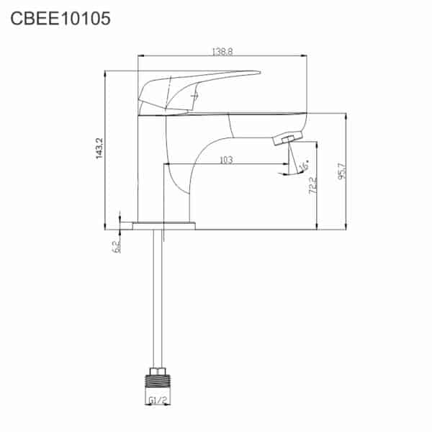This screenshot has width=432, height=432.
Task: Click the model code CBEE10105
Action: [x=60, y=19]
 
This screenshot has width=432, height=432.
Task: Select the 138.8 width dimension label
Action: [x=222, y=52]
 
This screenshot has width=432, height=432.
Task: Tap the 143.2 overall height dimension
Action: [x=99, y=148]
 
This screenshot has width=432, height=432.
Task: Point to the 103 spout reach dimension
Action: [x=226, y=160]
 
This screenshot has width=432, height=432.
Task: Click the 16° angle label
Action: [x=304, y=165]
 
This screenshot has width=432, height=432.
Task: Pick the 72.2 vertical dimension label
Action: [x=312, y=185]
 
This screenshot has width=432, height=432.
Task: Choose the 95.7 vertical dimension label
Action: [x=341, y=171]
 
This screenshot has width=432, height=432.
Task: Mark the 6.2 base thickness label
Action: [x=116, y=246]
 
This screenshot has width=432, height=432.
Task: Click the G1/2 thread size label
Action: [x=158, y=400]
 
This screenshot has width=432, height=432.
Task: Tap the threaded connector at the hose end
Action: [x=158, y=382]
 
